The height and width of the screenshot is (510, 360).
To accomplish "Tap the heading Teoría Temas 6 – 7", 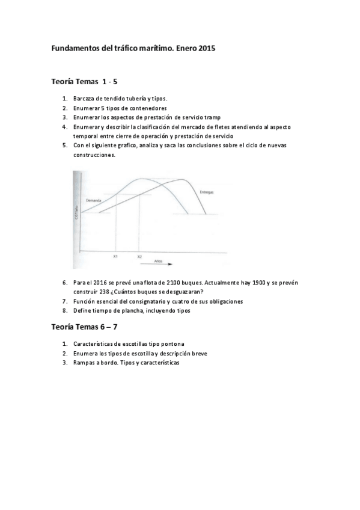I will [x=88, y=327].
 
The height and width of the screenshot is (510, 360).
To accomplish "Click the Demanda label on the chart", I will [x=93, y=199].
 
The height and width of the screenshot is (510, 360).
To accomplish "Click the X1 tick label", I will [x=115, y=257].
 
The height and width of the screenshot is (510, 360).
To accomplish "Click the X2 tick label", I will [x=139, y=257].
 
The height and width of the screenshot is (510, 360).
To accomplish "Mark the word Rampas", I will [x=85, y=363].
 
